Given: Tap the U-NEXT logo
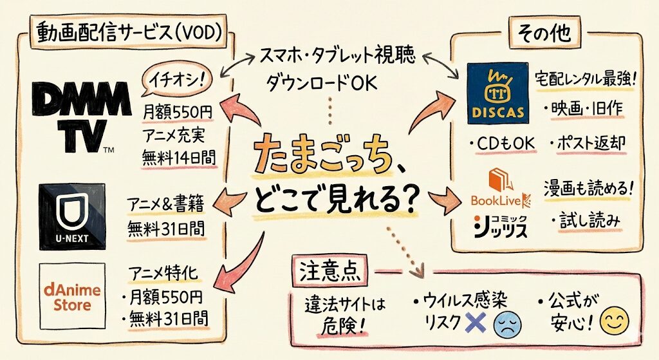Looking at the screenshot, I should pyautogui.click(x=71, y=216).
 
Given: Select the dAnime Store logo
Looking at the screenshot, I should pyautogui.click(x=71, y=296).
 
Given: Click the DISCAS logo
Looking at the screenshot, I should pyautogui.click(x=496, y=93).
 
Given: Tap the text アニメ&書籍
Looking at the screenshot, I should pyautogui.click(x=168, y=204).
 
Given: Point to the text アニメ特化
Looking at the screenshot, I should pyautogui.click(x=165, y=274).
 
